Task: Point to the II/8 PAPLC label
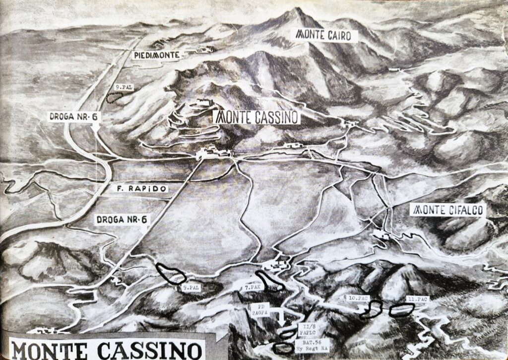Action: [306, 330]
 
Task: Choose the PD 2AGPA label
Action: [263, 309]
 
